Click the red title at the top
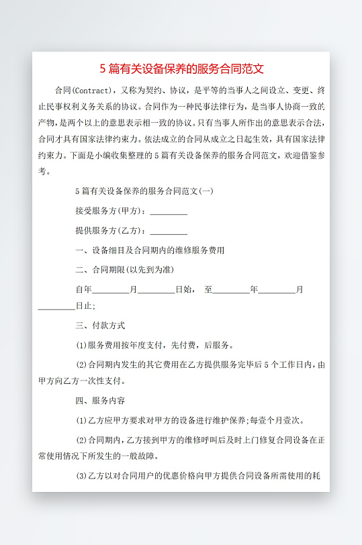pyautogui.click(x=181, y=68)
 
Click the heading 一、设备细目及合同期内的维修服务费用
pyautogui.click(x=150, y=250)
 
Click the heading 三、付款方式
pyautogui.click(x=101, y=326)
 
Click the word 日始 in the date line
pyautogui.click(x=184, y=290)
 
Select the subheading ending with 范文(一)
pyautogui.click(x=144, y=191)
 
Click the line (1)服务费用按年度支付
pyautogui.click(x=155, y=346)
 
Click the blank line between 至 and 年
pyautogui.click(x=232, y=290)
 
